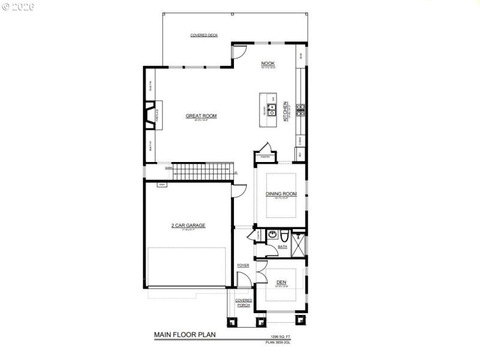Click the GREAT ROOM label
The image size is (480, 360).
(x=201, y=116)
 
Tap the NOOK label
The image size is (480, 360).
(x=267, y=63)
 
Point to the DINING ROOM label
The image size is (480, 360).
(x=281, y=194)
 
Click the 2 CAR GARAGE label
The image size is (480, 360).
(x=188, y=226)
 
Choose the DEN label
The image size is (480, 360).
(x=281, y=282)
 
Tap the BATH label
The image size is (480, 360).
(x=282, y=247)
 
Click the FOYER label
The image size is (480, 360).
(x=243, y=265)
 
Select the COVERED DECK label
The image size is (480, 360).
(x=204, y=35)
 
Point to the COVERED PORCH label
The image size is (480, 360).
(x=244, y=302)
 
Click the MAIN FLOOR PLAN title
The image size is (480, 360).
(x=184, y=335)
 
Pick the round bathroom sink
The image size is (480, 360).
(x=272, y=235)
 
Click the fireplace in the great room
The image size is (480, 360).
(x=149, y=115)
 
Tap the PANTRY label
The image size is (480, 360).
(x=265, y=157)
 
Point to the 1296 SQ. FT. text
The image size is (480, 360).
(x=280, y=337)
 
